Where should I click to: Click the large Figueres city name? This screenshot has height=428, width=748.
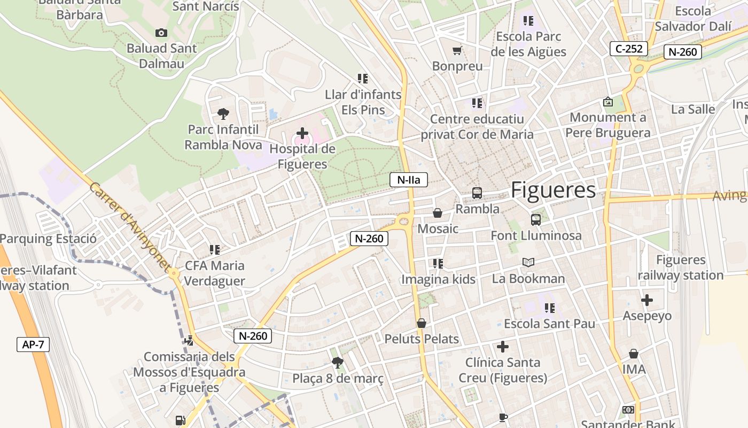click(x=553, y=190)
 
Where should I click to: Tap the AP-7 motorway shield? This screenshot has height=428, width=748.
click(x=33, y=344)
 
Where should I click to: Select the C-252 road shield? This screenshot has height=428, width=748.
click(x=629, y=49)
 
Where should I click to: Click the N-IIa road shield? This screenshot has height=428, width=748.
click(x=409, y=180)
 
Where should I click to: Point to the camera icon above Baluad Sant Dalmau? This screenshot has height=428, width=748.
click(x=161, y=33)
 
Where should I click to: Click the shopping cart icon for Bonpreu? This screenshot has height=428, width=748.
click(x=457, y=51)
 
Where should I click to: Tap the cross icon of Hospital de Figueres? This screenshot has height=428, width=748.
click(x=302, y=133)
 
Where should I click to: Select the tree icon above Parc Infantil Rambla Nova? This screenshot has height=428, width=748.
click(x=223, y=113)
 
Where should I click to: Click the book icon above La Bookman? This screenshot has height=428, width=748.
click(x=528, y=262)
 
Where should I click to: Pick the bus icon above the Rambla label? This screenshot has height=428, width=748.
click(x=477, y=193)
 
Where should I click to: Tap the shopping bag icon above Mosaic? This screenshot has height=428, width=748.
click(x=438, y=213)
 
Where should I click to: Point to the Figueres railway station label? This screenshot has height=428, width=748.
click(x=681, y=268)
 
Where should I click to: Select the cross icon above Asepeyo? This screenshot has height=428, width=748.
click(x=647, y=300)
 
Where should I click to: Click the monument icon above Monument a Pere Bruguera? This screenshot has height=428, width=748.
click(x=608, y=102)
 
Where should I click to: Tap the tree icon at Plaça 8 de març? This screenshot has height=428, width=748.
click(x=337, y=363)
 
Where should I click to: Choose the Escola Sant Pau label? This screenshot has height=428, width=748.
click(x=549, y=324)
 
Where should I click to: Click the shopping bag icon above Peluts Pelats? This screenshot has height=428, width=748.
click(x=422, y=323)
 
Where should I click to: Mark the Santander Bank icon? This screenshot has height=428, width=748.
click(x=628, y=410)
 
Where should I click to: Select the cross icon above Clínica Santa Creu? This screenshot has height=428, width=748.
click(x=503, y=347)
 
